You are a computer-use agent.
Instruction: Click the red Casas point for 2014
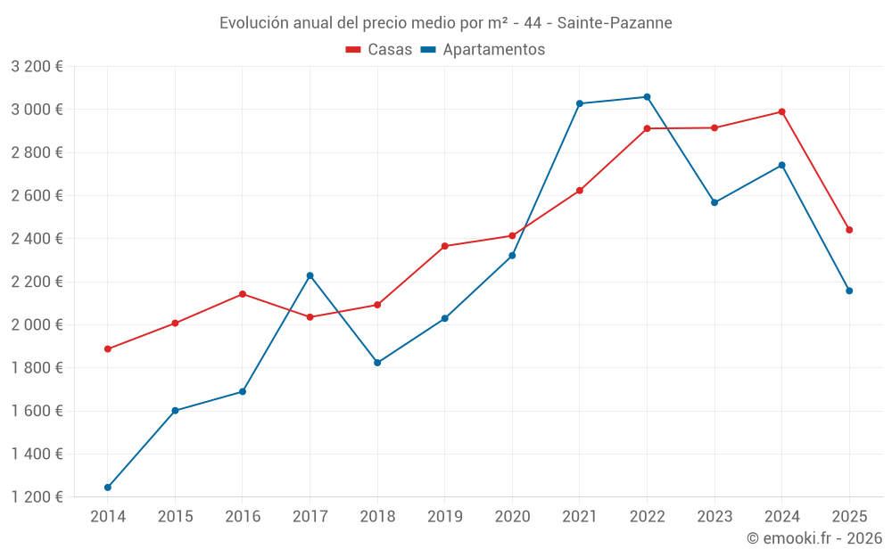pyautogui.click(x=108, y=349)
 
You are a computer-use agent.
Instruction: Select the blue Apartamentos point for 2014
pyautogui.click(x=108, y=487)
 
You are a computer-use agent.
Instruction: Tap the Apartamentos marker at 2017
pyautogui.click(x=310, y=275)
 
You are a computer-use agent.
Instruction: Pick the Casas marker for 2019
pyautogui.click(x=445, y=246)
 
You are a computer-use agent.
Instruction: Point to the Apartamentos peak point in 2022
pyautogui.click(x=648, y=97)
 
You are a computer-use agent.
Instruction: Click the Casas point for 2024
pyautogui.click(x=782, y=111)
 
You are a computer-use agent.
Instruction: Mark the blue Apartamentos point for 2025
pyautogui.click(x=849, y=291)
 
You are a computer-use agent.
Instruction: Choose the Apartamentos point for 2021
pyautogui.click(x=580, y=103)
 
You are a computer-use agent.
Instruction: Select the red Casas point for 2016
pyautogui.click(x=243, y=294)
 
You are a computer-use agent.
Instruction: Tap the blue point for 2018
pyautogui.click(x=377, y=363)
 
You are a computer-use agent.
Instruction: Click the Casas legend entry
pyautogui.click(x=380, y=50)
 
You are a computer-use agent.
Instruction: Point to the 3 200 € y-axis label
pyautogui.click(x=37, y=67)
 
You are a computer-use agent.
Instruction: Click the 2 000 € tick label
pyautogui.click(x=37, y=324)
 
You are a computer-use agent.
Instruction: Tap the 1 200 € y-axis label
pyautogui.click(x=37, y=497)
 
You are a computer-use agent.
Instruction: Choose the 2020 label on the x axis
pyautogui.click(x=512, y=516)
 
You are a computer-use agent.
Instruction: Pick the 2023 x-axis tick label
pyautogui.click(x=714, y=516)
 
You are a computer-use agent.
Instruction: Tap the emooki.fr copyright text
pyautogui.click(x=814, y=538)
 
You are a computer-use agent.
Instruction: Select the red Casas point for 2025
pyautogui.click(x=849, y=230)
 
